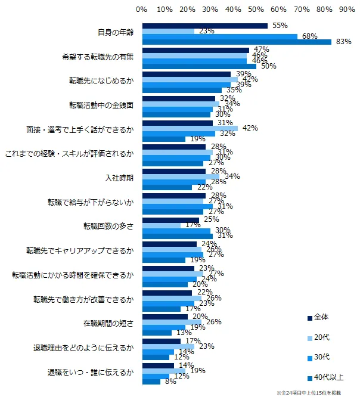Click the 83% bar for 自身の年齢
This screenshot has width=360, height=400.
(237, 42)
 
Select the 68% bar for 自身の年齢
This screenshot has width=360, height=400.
(219, 36)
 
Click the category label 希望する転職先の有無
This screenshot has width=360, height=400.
(98, 58)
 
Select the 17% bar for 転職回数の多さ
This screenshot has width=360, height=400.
(161, 225)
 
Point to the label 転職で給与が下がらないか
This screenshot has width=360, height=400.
(91, 202)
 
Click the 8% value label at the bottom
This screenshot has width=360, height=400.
(169, 382)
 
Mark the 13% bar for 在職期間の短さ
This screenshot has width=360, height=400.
(157, 333)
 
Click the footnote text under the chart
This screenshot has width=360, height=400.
(316, 393)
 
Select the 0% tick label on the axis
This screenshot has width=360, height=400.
(142, 10)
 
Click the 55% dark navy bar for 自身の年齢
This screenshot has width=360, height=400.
(204, 26)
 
